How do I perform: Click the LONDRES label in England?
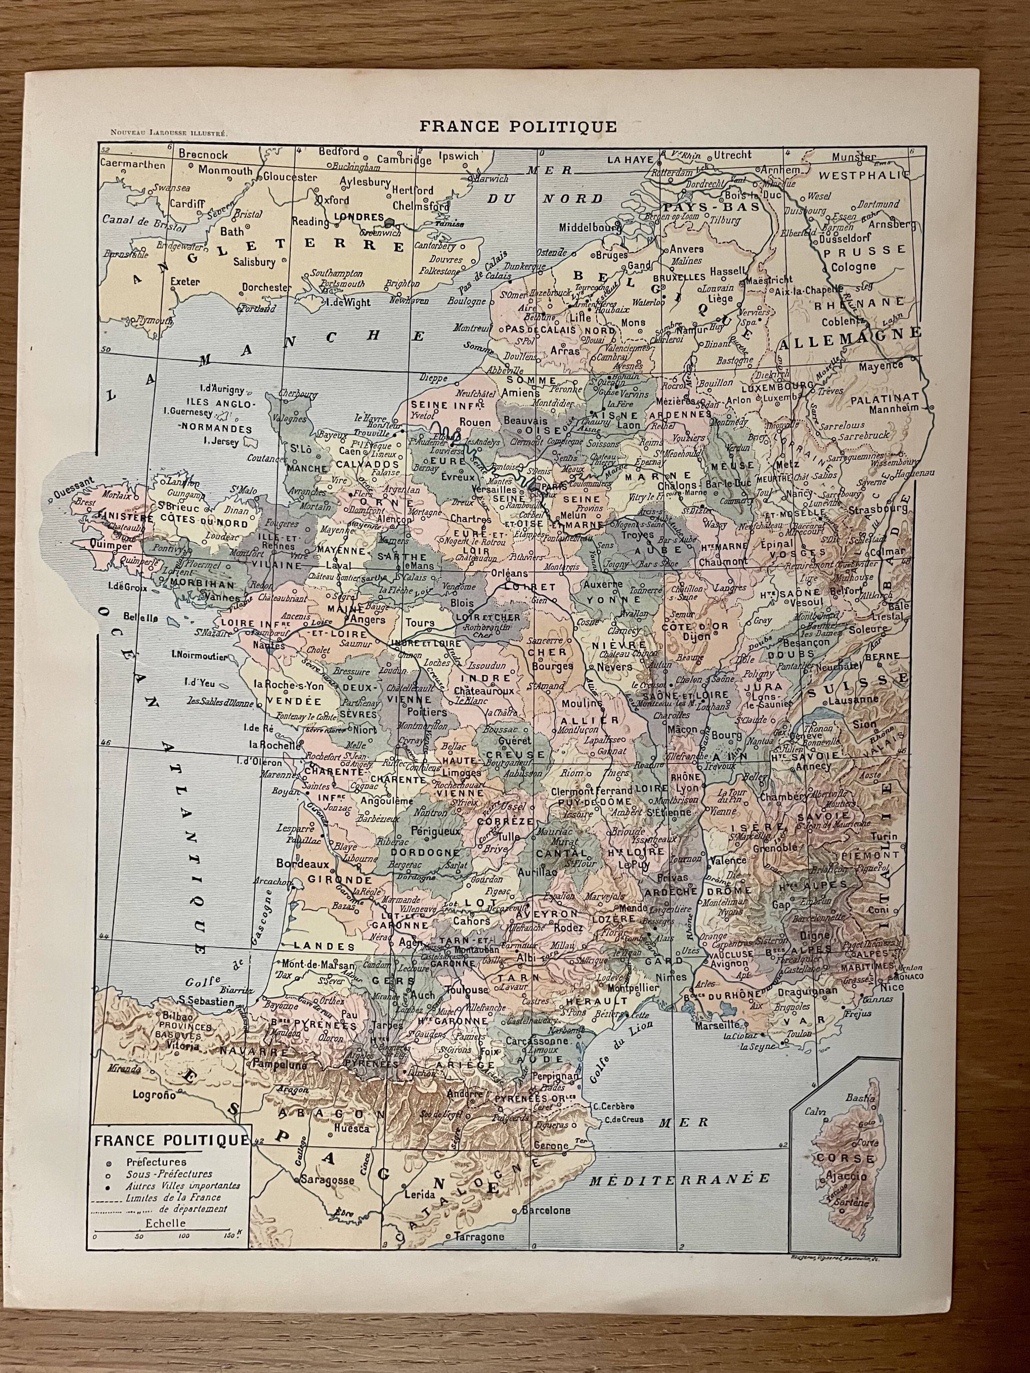click(359, 217)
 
